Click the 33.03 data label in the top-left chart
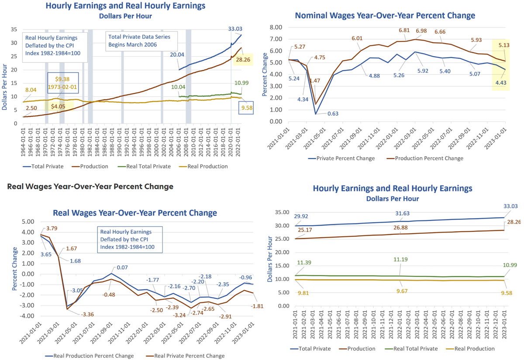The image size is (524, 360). (x=235, y=29)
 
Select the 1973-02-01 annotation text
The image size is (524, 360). (x=62, y=87)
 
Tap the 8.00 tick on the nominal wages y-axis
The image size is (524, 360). (x=276, y=27)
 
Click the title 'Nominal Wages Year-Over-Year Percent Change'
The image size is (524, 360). (x=385, y=16)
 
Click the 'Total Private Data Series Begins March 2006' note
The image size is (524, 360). (x=139, y=41)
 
